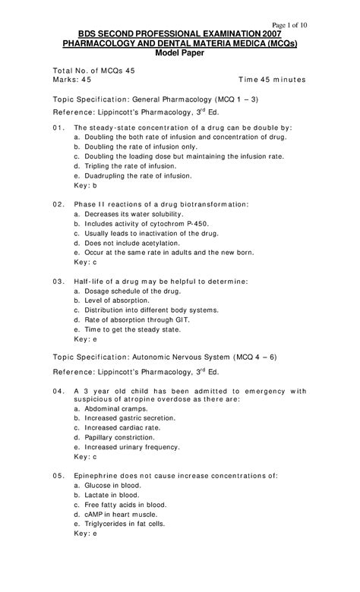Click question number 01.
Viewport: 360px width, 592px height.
tap(58, 128)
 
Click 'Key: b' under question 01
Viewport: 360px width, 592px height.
tap(85, 184)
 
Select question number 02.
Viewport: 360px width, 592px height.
tap(58, 205)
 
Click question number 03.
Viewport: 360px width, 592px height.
tap(58, 282)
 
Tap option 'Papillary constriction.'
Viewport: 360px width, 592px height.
tap(117, 438)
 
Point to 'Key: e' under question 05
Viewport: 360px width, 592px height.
tap(85, 534)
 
